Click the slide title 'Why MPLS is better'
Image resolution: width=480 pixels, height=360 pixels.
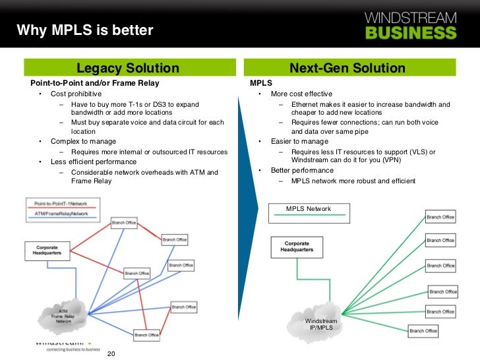84,30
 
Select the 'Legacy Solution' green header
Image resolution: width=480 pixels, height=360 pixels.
128,68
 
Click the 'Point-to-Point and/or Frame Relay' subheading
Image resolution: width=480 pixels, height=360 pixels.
95,84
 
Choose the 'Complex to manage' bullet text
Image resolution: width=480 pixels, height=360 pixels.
83,141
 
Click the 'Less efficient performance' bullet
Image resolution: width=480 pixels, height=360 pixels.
94,162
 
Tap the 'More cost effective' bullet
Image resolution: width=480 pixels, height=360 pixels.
301,94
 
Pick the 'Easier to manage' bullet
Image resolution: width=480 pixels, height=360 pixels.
299,141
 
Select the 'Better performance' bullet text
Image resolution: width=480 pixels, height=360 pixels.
302,170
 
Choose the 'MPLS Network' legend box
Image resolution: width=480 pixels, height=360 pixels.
309,212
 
